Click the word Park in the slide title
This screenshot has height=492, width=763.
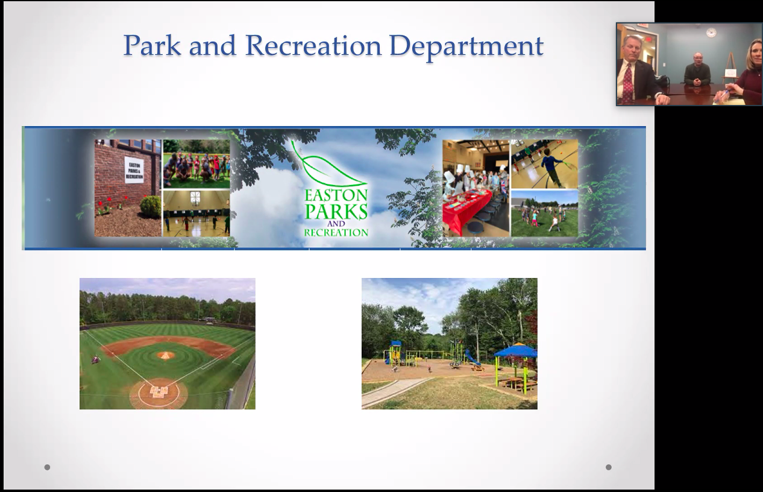coord(152,45)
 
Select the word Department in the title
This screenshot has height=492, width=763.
coord(466,47)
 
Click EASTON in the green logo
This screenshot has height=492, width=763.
coord(336,195)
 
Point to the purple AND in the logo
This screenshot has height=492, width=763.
coord(336,224)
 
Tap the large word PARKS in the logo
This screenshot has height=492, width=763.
coord(336,211)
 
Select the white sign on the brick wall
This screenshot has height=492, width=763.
coord(134,170)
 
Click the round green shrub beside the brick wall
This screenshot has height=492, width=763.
coord(150,206)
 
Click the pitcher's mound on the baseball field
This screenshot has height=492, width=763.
coord(166,355)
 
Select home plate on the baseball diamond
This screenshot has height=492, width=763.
coord(159,392)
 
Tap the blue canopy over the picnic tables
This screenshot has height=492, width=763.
coord(515,350)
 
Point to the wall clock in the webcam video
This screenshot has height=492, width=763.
coord(711,33)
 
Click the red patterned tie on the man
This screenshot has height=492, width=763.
coord(628,83)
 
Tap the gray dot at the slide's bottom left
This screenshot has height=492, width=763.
coord(48,467)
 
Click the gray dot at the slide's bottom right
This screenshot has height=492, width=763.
coord(609,467)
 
